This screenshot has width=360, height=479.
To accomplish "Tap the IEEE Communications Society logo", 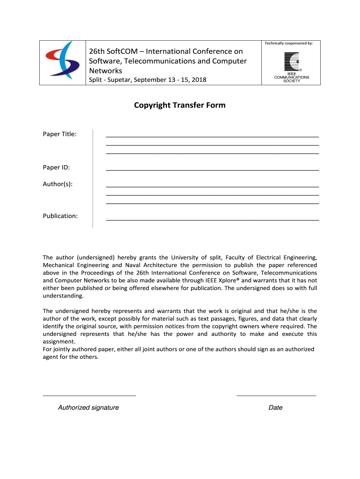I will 291,66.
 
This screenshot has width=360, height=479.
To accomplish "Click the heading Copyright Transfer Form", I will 180,105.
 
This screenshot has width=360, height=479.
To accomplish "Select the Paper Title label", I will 60,134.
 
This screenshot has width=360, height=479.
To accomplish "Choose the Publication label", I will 60,216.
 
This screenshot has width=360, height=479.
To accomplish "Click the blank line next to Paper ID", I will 213,170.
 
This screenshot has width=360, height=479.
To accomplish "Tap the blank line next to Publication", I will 213,219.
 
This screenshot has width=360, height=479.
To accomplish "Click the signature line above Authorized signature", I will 89,396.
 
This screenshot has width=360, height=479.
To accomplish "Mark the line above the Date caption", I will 276,396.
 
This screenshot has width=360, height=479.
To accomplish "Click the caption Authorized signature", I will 88,407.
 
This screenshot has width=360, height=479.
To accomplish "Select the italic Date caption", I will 275,407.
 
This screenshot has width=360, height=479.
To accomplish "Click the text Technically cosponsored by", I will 288,43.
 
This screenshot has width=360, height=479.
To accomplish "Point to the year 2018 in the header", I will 199,80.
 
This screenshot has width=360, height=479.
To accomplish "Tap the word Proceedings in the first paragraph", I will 94,273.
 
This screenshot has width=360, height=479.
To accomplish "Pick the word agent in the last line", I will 51,357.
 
